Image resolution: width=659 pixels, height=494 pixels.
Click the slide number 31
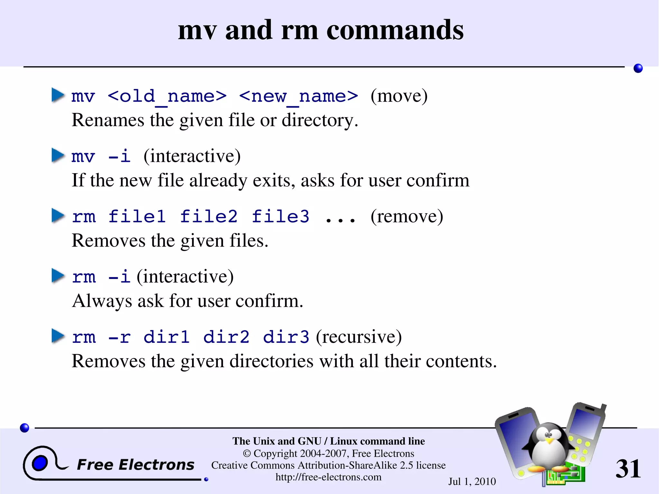[x=628, y=469]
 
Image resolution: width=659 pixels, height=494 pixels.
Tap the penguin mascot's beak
[x=550, y=440]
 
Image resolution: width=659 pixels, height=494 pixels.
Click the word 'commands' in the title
[x=395, y=30]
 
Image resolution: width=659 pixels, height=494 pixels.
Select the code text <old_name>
[x=167, y=96]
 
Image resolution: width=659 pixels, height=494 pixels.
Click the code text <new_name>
[x=299, y=96]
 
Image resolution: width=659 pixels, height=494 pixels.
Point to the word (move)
[x=399, y=96]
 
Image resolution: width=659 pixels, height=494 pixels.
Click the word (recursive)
[x=359, y=337]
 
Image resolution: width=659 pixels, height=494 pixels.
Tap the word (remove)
[x=407, y=216]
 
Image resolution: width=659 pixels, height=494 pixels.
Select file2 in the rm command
[x=209, y=216]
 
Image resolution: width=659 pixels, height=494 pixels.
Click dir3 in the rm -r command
[x=286, y=337]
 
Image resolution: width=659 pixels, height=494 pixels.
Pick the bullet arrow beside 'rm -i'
[x=58, y=276]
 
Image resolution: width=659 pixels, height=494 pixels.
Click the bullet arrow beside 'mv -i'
[x=58, y=155]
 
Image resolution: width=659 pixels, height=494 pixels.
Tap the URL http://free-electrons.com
[x=328, y=477]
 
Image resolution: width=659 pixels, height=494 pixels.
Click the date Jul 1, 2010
[x=472, y=481]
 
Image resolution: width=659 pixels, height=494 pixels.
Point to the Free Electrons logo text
[x=135, y=465]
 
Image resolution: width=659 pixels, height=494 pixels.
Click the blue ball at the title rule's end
[x=638, y=68]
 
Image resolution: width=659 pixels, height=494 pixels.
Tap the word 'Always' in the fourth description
[x=102, y=301]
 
